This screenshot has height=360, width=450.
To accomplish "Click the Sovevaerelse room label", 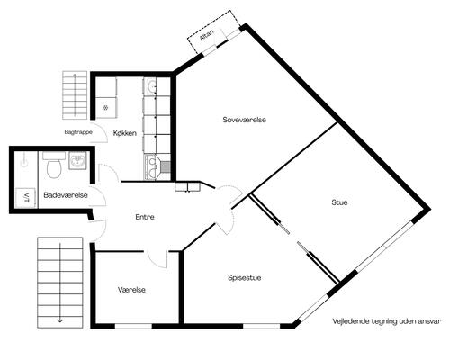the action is (x=244, y=120).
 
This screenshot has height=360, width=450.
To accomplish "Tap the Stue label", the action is (x=339, y=202).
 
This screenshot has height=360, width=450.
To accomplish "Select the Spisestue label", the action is (x=244, y=278).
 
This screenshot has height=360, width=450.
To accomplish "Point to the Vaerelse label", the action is (x=131, y=290).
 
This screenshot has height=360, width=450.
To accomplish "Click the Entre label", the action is (x=145, y=217).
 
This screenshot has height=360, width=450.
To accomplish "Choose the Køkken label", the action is (x=125, y=133).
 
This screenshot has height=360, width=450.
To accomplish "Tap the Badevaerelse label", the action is (x=66, y=195).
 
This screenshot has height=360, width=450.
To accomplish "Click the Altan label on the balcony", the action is (x=207, y=35).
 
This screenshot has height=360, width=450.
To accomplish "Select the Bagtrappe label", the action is (x=78, y=132).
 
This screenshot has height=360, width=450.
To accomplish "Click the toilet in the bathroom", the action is (x=54, y=166).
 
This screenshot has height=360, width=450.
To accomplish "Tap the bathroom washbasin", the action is (x=78, y=160).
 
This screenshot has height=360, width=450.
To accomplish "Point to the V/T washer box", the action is (x=26, y=197).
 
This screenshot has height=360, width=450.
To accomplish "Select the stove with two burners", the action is (x=152, y=167).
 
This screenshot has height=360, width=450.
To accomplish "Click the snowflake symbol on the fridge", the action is (x=105, y=108).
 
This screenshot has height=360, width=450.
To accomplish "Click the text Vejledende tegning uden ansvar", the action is (x=387, y=321).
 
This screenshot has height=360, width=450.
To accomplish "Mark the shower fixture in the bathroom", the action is (x=23, y=160).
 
